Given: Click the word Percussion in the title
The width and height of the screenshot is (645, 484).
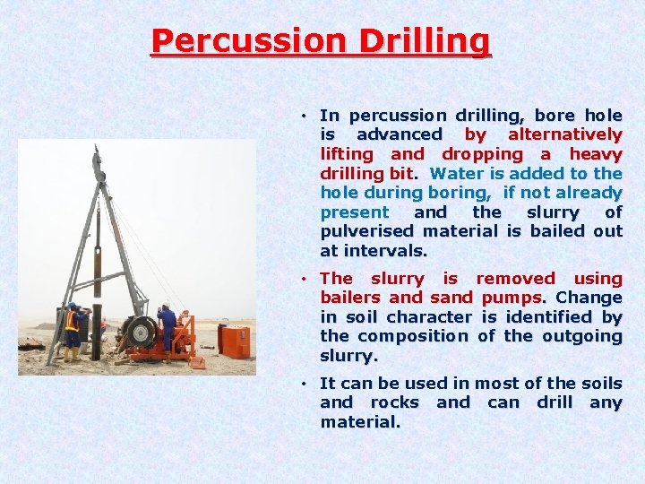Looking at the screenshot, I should coord(236,41).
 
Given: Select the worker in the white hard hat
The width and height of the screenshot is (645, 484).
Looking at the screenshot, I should coord(168,327).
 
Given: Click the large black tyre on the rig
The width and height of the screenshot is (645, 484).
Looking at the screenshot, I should coord(141,332).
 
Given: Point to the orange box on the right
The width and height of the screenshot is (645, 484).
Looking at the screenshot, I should coord(234,341).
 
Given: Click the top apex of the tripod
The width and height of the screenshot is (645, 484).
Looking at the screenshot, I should coord(97,153).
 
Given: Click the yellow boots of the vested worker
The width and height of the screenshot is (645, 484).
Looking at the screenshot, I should coord(71,354).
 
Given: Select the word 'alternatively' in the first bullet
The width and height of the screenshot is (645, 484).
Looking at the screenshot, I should coord(564,134).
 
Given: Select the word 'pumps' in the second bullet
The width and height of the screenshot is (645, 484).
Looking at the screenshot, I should coord(512,298).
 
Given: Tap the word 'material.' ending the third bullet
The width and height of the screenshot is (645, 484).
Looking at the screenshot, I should coord(360,421).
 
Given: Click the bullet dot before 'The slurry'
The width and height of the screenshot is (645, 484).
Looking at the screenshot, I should coord(305,279).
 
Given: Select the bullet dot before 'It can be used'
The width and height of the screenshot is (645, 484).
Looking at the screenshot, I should coord(305,384).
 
